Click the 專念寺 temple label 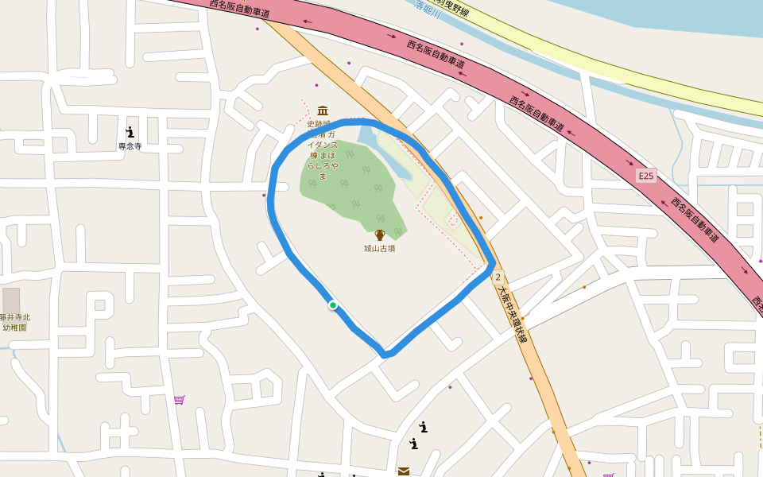[130, 146]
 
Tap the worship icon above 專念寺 [130, 132]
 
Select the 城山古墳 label [380, 248]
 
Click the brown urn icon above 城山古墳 [380, 235]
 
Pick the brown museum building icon [323, 111]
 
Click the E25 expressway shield [646, 175]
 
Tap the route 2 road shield [498, 277]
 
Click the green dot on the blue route [333, 304]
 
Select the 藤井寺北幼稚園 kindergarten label [14, 322]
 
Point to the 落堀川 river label [428, 6]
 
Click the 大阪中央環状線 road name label [511, 313]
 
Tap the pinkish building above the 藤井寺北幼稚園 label [11, 300]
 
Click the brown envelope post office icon [404, 471]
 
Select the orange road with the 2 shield [540, 382]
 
